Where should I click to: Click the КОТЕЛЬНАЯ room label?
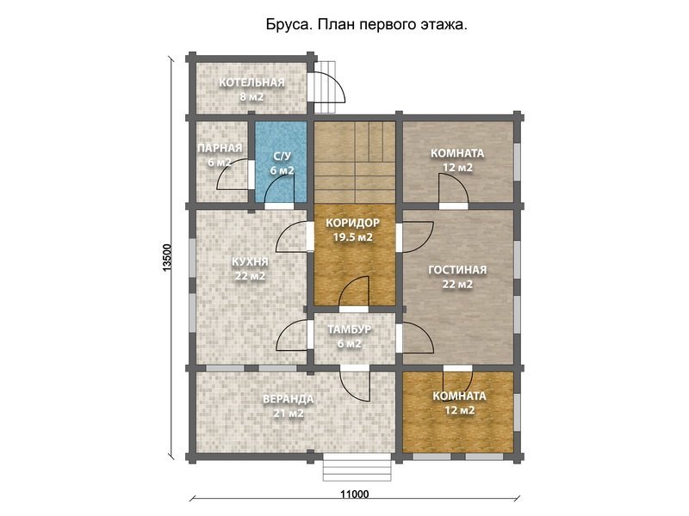click(251, 83)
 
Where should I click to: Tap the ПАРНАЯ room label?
click(214, 148)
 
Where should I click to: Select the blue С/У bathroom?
click(282, 163)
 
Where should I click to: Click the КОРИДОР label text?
click(354, 223)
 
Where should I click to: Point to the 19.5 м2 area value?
click(354, 237)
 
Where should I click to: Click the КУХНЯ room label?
click(250, 261)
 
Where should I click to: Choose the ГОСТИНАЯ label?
click(457, 269)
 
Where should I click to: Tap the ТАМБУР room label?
click(350, 329)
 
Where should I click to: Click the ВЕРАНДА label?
click(288, 399)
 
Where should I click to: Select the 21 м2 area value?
click(288, 414)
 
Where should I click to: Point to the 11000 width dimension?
click(353, 494)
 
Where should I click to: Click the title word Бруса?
click(289, 26)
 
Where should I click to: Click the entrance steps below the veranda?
click(354, 470)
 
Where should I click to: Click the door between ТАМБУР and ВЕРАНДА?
click(355, 381)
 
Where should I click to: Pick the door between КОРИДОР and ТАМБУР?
click(355, 295)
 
